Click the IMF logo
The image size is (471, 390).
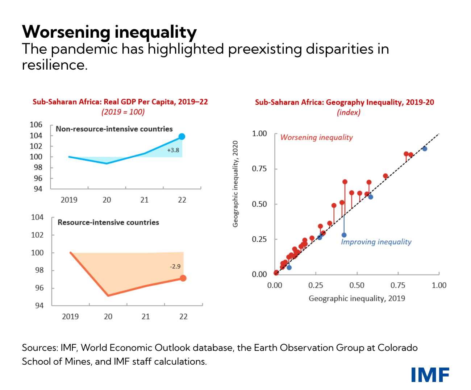coord(430,375)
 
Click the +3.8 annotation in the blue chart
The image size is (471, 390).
coord(173,150)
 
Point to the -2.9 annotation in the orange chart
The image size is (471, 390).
coord(175,266)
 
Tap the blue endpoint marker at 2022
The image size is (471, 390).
coord(182,137)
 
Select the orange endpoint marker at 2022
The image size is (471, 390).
coord(183,278)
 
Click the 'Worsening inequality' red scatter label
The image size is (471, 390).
coord(316,137)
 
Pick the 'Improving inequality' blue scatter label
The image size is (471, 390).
coord(376,242)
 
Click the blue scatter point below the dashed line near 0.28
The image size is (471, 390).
coord(344,235)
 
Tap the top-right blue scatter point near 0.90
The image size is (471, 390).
coord(425,149)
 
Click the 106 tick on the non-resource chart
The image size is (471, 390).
coord(36,125)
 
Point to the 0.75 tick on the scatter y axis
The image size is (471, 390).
coord(259,169)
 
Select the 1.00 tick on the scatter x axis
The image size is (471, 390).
coord(439,285)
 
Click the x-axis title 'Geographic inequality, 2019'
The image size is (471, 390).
coord(357,298)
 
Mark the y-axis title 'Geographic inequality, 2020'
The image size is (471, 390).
coord(236,184)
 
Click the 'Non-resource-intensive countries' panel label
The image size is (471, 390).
coord(114,129)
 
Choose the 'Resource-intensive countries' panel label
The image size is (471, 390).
coord(108,223)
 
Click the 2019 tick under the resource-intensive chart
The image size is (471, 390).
coord(70,316)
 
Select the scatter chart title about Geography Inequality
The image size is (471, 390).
coord(344,102)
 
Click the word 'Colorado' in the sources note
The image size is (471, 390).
coord(397,348)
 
